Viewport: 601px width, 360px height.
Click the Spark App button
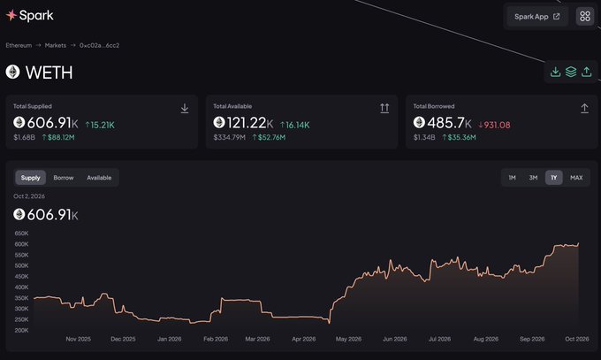(537, 17)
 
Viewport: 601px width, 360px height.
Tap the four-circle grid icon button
(585, 16)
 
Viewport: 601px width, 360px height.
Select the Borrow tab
(64, 178)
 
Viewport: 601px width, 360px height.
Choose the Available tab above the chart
(99, 178)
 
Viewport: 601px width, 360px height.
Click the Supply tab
(31, 178)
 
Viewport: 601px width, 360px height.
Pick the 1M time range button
(512, 178)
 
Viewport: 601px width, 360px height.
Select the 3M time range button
(533, 178)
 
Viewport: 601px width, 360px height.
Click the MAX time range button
(576, 178)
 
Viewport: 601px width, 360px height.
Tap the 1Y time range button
(554, 178)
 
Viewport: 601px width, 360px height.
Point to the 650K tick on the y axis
(21, 234)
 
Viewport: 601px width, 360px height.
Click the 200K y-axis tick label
(21, 330)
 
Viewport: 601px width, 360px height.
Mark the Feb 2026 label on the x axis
(216, 339)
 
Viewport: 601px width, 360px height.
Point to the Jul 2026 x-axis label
(439, 339)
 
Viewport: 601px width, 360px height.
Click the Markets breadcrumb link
(56, 45)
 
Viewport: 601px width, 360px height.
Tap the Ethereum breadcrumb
(19, 45)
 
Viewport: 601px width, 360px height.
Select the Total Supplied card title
(33, 106)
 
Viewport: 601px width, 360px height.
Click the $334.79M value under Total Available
(229, 137)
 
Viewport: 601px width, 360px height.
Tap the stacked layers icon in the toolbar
(571, 72)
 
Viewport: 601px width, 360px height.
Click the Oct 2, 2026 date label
(29, 196)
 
